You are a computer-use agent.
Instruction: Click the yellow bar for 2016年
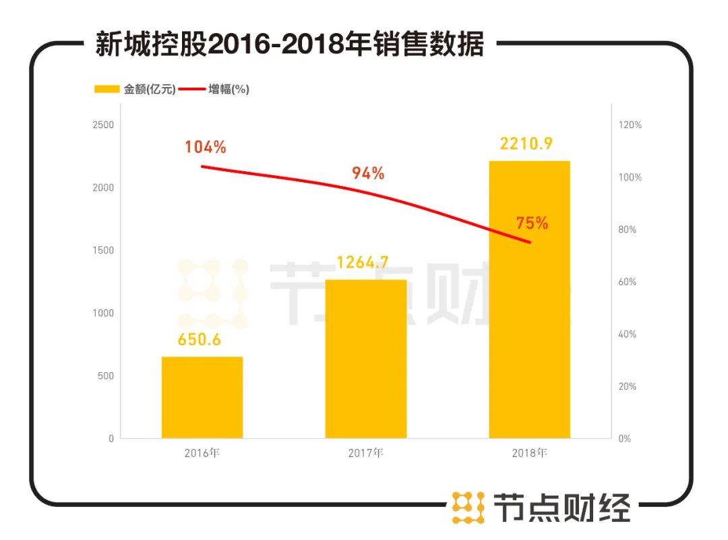point(202,397)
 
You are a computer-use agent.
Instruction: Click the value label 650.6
point(200,340)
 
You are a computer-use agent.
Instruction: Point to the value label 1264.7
point(365,262)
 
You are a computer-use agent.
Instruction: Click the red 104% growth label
point(206,147)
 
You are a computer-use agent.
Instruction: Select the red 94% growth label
point(368,173)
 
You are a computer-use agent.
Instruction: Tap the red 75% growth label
point(532,223)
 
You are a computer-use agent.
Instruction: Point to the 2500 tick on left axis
point(103,125)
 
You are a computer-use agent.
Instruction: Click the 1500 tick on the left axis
point(103,250)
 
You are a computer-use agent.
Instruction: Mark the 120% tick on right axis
point(630,125)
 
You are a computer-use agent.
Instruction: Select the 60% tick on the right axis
point(628,282)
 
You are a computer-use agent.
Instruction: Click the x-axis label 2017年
point(365,453)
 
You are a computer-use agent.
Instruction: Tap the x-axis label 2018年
point(529,453)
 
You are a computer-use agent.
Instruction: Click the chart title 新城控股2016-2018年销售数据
point(289,46)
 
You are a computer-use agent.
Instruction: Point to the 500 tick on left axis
point(106,376)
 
